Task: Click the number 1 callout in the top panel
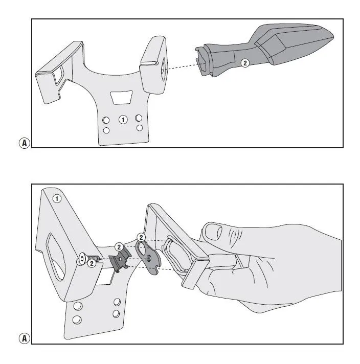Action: coord(123,120)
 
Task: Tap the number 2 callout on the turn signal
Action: coord(245,63)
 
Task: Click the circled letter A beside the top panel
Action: coord(25,143)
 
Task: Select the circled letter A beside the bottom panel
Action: coord(25,338)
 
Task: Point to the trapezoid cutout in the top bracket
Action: coord(121,97)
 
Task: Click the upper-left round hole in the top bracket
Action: coord(106,120)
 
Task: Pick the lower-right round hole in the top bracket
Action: coord(140,128)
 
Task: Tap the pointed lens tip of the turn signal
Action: coord(332,36)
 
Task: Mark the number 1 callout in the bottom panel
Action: coord(57,199)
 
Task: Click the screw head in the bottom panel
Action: coord(82,259)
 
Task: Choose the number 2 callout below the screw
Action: coord(92,263)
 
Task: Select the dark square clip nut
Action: coord(120,260)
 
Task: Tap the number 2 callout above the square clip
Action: coord(119,247)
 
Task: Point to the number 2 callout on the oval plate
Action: coord(141,237)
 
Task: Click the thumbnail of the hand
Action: coord(213,232)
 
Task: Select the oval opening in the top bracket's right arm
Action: coord(163,69)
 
